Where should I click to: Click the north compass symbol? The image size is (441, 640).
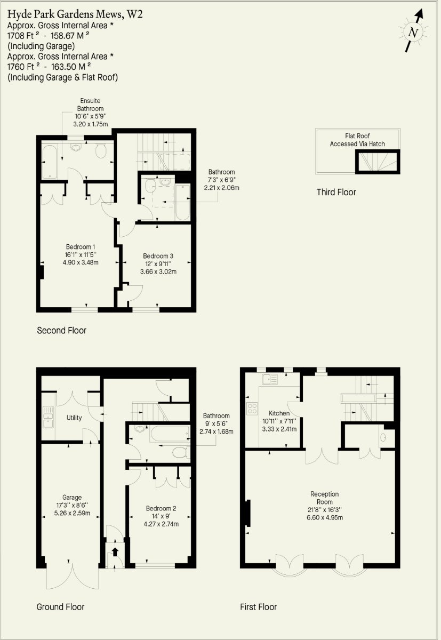point(413,32)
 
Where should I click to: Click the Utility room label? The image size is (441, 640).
point(74,418)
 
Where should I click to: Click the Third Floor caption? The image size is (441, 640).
point(336,192)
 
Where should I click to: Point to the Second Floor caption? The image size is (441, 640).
point(61,331)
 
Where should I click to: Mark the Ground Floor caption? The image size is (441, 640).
point(60,607)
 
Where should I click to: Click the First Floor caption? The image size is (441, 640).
point(258,607)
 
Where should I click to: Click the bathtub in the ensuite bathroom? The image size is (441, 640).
point(50,161)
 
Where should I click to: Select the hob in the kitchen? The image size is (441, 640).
point(252,409)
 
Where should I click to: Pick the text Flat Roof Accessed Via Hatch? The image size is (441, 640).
point(357,140)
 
